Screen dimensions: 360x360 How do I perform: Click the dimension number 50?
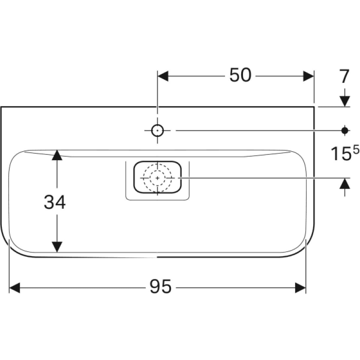pyautogui.click(x=240, y=75)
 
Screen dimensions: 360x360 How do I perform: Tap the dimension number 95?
pyautogui.click(x=161, y=287)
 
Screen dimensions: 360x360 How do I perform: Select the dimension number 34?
pyautogui.click(x=54, y=202)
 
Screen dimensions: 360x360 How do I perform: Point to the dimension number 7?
pyautogui.click(x=344, y=76)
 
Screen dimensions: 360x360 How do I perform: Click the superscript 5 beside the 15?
pyautogui.click(x=356, y=151)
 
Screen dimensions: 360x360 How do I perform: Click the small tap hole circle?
pyautogui.click(x=157, y=130)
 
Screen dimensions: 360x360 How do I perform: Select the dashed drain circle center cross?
pyautogui.click(x=157, y=178)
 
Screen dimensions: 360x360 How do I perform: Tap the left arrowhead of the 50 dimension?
pyautogui.click(x=163, y=76)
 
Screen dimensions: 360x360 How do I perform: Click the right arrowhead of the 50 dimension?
pyautogui.click(x=308, y=76)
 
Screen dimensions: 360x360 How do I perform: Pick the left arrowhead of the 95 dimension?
pyautogui.click(x=14, y=288)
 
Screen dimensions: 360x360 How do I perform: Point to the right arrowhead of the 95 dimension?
pyautogui.click(x=301, y=288)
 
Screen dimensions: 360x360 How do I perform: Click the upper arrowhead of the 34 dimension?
pyautogui.click(x=57, y=155)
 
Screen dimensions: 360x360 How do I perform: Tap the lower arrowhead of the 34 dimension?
pyautogui.click(x=57, y=247)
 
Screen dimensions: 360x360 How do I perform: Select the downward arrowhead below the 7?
pyautogui.click(x=345, y=102)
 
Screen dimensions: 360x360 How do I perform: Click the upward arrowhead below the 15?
pyautogui.click(x=345, y=184)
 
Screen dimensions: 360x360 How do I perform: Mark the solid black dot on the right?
pyautogui.click(x=345, y=130)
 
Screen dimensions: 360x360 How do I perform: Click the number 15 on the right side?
pyautogui.click(x=341, y=154)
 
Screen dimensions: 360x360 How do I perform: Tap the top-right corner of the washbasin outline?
pyautogui.click(x=314, y=107)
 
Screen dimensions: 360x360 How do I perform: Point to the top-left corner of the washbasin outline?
pyautogui.click(x=1, y=107)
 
